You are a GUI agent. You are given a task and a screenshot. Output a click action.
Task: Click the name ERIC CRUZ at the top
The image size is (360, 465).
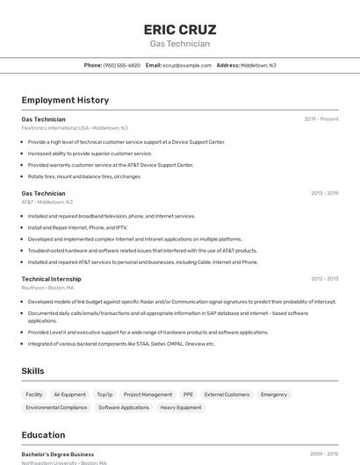click(179, 30)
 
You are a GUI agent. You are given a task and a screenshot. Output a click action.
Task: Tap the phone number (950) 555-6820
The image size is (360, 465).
click(122, 65)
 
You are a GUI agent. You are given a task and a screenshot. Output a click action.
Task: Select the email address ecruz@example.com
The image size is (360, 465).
click(187, 65)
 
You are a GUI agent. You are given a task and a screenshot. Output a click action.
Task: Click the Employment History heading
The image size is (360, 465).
click(65, 100)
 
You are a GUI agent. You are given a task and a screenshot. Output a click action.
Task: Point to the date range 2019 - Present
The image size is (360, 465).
click(321, 119)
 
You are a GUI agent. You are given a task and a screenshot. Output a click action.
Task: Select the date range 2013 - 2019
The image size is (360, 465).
click(324, 193)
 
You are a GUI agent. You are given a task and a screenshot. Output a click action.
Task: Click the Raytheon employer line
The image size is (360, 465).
click(47, 288)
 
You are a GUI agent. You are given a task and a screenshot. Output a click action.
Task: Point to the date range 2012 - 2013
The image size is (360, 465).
click(324, 279)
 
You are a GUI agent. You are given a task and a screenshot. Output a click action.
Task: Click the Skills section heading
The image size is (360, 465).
click(32, 371)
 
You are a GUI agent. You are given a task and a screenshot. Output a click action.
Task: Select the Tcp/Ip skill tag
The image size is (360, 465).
click(104, 395)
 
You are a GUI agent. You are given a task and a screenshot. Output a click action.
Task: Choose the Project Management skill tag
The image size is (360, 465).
click(148, 395)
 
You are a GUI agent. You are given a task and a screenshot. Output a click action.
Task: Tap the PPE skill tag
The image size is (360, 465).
click(188, 395)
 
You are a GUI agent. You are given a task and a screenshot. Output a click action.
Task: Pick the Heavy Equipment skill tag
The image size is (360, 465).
click(181, 407)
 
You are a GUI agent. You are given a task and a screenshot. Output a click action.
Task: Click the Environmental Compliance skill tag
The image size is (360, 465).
click(56, 407)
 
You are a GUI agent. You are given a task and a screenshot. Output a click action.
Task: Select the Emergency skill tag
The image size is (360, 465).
click(274, 395)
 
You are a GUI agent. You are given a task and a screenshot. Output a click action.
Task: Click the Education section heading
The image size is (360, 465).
click(43, 435)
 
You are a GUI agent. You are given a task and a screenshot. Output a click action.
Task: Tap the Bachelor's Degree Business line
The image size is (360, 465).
click(58, 454)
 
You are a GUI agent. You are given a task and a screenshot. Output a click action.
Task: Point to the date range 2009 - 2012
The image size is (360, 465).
click(324, 454)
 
